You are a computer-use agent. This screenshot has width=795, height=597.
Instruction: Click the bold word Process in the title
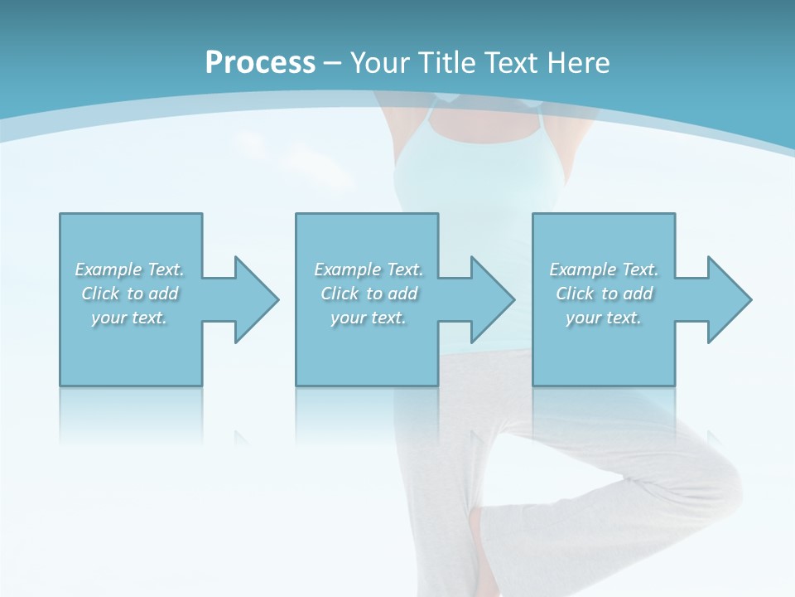[260, 63]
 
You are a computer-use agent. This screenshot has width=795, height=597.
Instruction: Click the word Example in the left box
[108, 269]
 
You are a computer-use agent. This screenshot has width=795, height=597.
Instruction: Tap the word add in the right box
[638, 294]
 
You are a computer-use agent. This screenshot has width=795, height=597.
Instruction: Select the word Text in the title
[508, 63]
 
